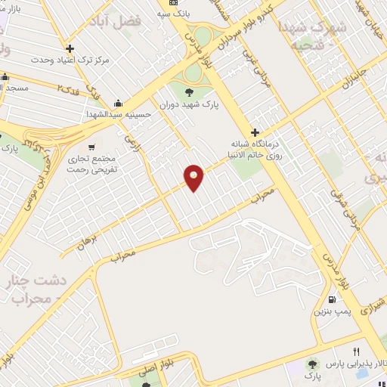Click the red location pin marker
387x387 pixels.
tap(195, 177)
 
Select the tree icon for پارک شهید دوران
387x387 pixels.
tap(189, 93)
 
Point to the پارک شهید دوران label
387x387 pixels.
tap(189, 106)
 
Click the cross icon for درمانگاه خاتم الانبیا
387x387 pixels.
tap(255, 133)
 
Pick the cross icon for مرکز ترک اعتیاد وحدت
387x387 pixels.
tap(69, 48)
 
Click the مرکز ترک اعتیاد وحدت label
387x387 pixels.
tap(70, 59)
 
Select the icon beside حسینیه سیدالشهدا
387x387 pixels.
tap(118, 104)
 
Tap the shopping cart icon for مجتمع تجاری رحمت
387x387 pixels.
tap(91, 147)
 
